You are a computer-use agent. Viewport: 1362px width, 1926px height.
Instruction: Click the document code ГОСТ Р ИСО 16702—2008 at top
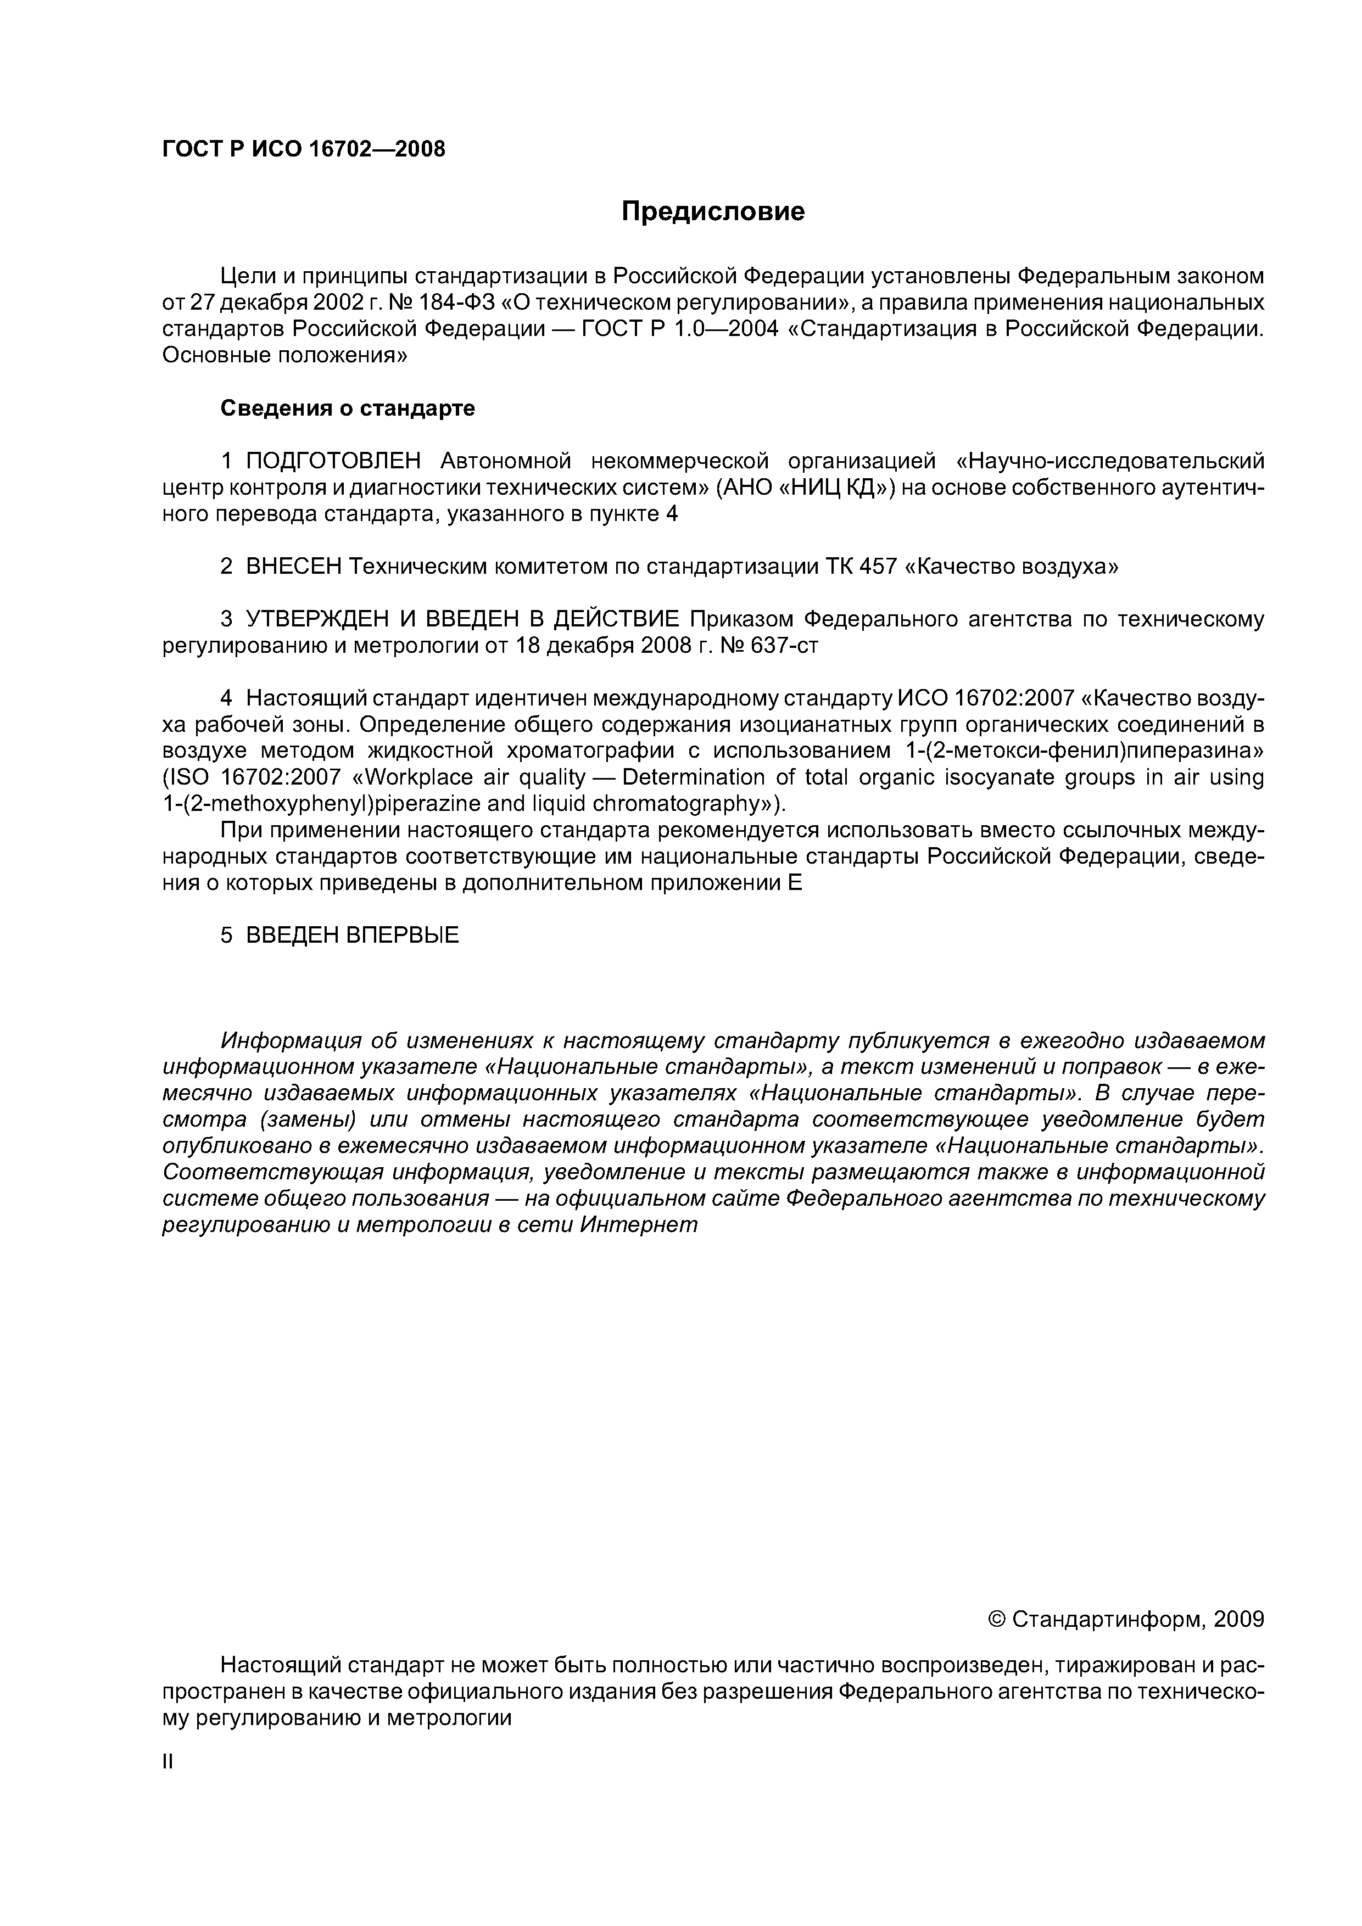click(x=303, y=149)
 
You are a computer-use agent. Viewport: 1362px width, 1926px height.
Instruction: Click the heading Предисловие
click(x=712, y=211)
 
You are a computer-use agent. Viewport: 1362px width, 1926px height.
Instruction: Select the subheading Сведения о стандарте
click(x=348, y=408)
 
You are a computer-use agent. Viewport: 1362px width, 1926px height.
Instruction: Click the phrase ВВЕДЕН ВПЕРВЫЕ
click(x=353, y=936)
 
